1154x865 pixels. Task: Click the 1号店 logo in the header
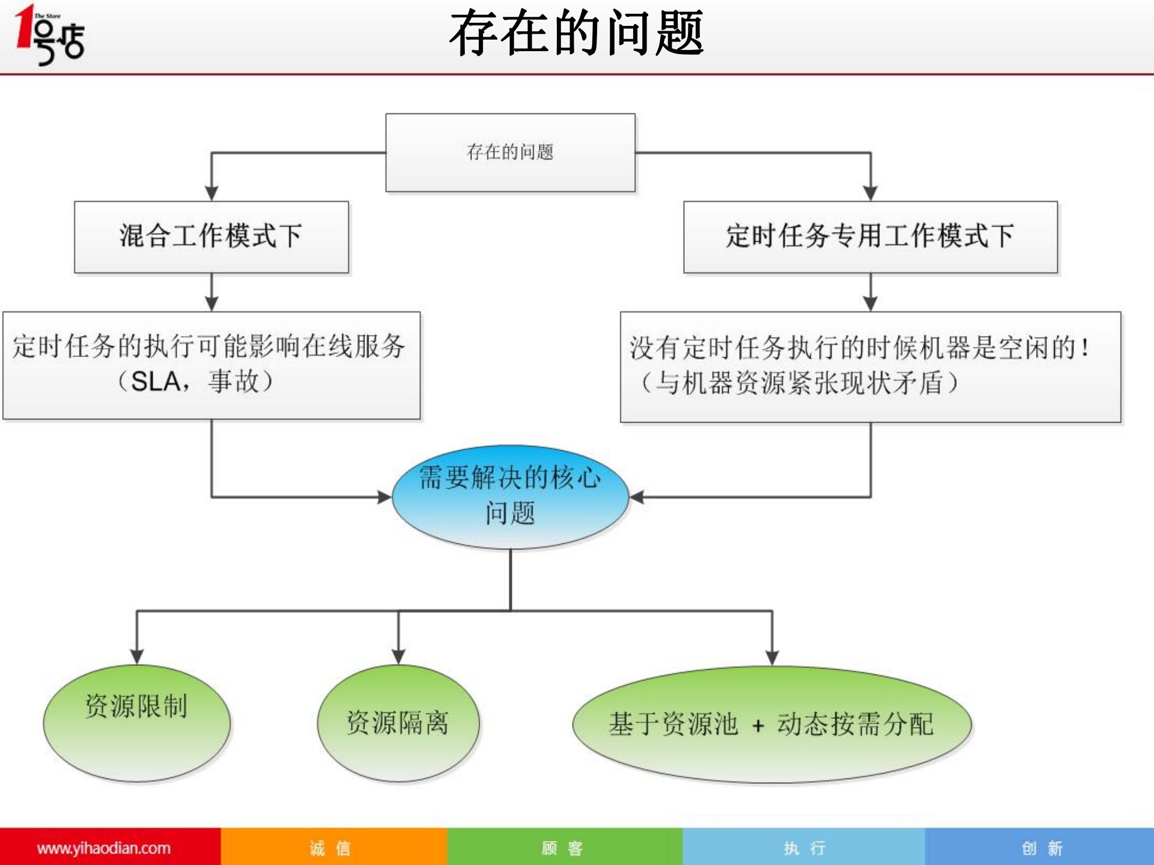(x=50, y=34)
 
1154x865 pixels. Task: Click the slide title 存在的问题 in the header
(x=576, y=34)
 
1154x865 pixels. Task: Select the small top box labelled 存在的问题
(x=510, y=153)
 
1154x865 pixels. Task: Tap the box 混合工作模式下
(x=211, y=237)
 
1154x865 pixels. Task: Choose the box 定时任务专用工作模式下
(x=870, y=237)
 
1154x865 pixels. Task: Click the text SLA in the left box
(x=155, y=382)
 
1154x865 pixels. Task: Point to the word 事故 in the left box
(x=233, y=382)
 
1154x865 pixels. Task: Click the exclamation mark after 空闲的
(x=1084, y=347)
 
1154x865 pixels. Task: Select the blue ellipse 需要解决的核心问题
(x=510, y=497)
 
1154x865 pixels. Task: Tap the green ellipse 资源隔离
(x=398, y=723)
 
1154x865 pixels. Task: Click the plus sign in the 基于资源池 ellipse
(x=758, y=726)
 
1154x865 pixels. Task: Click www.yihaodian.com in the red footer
(x=103, y=848)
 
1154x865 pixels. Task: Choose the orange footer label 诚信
(x=330, y=848)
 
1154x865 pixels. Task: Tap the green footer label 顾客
(x=562, y=848)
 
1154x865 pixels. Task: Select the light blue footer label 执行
(x=804, y=848)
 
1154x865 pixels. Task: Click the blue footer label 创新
(x=1042, y=848)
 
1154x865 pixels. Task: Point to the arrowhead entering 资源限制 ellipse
(x=137, y=656)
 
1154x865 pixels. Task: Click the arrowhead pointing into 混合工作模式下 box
(x=211, y=193)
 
